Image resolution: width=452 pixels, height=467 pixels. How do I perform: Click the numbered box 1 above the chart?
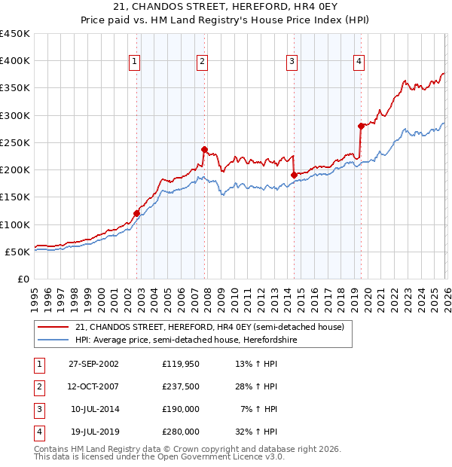[x=134, y=62]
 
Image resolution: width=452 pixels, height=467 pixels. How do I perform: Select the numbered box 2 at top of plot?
[x=203, y=62]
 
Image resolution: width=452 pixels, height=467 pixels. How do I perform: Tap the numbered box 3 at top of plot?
[x=292, y=62]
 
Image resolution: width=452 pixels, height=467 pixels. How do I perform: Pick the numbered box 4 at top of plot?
[x=359, y=62]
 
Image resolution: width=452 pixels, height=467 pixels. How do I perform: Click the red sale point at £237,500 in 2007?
[x=204, y=149]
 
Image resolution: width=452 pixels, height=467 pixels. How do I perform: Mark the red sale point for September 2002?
[x=136, y=213]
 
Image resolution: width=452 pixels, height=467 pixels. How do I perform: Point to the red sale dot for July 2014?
[x=294, y=175]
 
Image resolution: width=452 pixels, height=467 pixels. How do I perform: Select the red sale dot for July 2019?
[x=361, y=126]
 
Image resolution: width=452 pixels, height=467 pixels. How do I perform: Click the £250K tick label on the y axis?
[x=15, y=142]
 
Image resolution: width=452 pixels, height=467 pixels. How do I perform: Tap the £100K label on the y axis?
[x=15, y=224]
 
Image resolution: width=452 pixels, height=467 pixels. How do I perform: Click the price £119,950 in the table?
[x=181, y=363]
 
